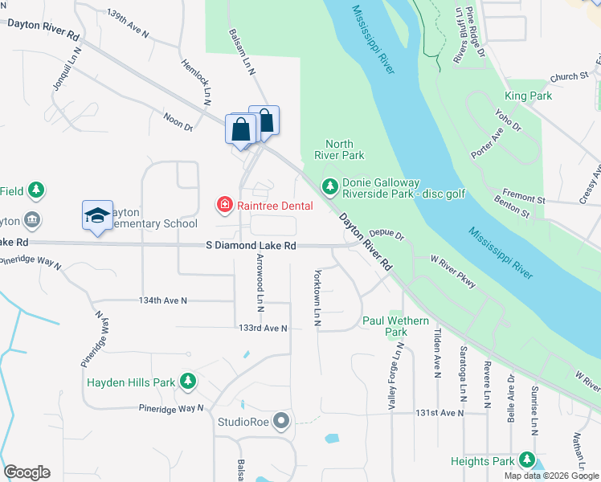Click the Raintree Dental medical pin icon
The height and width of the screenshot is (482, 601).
point(224,206)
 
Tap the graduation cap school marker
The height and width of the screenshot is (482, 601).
point(96,215)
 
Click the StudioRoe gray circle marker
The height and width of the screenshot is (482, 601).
point(281,420)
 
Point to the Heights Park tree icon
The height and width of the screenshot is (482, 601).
point(527,460)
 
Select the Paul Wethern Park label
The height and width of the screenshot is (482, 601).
point(395,326)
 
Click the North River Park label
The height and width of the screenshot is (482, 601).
point(345,149)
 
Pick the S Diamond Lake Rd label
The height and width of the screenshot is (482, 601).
point(251,245)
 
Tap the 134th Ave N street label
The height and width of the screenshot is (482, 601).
point(162,300)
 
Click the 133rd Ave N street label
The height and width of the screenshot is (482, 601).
point(263,328)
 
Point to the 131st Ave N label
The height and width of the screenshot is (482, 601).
point(440,413)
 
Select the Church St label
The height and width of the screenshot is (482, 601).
point(569,77)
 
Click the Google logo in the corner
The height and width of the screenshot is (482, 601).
point(27,472)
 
